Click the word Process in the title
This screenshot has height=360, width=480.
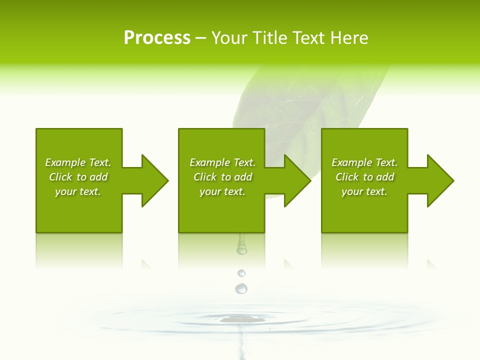tap(157, 38)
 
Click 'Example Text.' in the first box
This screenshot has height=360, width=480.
tap(78, 162)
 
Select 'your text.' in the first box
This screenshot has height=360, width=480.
tap(78, 191)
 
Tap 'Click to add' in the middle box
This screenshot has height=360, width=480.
tap(222, 177)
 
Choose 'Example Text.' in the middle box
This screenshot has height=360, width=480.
tap(222, 162)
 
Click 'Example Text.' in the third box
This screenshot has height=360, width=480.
tap(364, 162)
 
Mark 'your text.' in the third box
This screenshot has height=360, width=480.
tap(364, 191)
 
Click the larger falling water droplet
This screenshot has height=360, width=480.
tap(241, 288)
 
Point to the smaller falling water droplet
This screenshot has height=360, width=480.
tap(241, 273)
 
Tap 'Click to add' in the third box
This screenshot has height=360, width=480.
tap(364, 177)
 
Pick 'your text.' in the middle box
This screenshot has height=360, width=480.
tap(222, 191)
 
